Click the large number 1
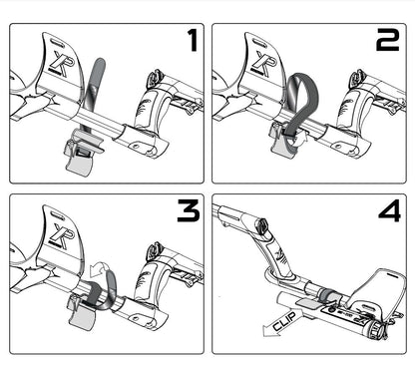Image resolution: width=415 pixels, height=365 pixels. [192, 40]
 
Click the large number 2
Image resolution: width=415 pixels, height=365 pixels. [387, 40]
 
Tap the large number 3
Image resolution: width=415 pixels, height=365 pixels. [189, 210]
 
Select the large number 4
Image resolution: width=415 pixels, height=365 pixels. [389, 211]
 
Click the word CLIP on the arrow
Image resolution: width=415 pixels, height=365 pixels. [283, 321]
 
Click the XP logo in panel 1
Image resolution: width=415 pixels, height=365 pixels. [58, 64]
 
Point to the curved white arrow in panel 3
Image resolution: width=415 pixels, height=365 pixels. [99, 266]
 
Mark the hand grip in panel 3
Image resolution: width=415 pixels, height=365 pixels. [149, 278]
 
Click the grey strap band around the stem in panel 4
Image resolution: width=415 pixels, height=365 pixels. [328, 295]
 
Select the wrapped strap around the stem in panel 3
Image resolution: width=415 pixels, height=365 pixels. [100, 292]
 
